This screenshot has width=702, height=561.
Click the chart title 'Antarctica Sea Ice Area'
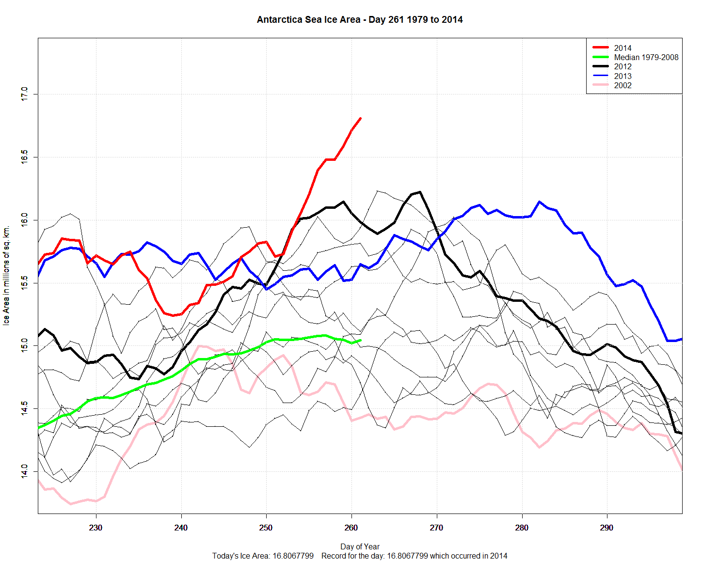click(x=359, y=20)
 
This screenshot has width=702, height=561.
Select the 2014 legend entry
click(x=622, y=48)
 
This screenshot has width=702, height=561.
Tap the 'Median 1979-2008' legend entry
click(x=646, y=57)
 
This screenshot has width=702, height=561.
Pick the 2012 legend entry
click(x=622, y=67)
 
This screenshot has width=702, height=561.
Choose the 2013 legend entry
click(x=622, y=76)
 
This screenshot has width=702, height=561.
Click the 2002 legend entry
click(x=622, y=85)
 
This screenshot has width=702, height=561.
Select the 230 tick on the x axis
click(x=96, y=528)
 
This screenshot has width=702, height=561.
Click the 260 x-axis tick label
click(x=351, y=528)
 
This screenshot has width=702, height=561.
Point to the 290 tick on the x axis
click(x=606, y=528)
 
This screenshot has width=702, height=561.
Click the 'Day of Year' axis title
click(x=360, y=546)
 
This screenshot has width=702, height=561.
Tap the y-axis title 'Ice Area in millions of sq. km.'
click(x=6, y=275)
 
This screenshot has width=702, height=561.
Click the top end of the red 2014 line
click(x=360, y=118)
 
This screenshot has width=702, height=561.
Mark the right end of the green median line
click(x=360, y=340)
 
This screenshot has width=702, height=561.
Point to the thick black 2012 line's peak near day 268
click(x=419, y=192)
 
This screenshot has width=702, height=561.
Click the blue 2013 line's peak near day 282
click(x=539, y=202)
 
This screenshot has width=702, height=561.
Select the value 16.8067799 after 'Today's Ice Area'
click(x=293, y=556)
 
